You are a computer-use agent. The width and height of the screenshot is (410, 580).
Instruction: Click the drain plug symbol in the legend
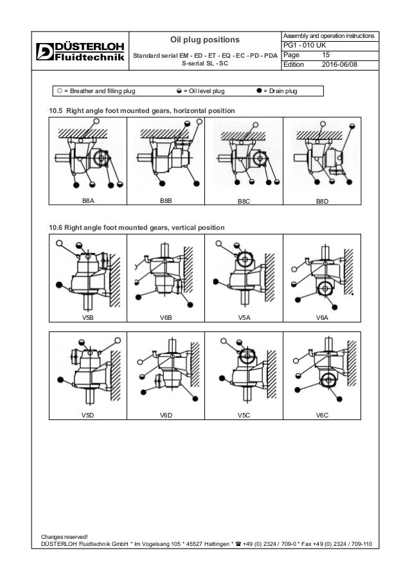pos(260,91)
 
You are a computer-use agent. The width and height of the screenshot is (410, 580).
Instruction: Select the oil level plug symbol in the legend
pos(177,91)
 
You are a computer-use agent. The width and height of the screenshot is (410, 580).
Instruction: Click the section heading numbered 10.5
pos(142,112)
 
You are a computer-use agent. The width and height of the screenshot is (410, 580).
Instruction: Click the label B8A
pos(89,201)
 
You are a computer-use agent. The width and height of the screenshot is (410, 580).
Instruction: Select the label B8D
pos(322,201)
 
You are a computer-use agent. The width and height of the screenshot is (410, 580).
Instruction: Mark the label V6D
pos(166,416)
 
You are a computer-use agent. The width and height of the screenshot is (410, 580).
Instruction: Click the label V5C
pos(244,416)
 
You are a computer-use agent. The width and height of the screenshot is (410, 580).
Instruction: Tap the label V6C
pos(322,416)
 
